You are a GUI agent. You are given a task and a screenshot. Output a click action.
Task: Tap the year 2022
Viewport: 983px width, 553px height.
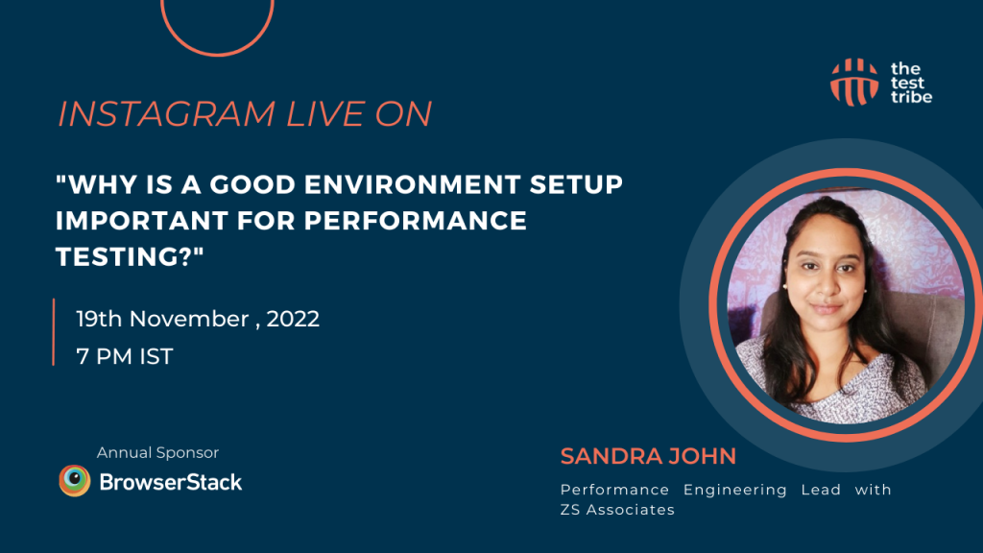(293, 319)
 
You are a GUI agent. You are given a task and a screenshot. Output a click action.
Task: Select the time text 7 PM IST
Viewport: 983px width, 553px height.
(125, 356)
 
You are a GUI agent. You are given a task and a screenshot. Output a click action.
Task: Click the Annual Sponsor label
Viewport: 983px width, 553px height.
(157, 452)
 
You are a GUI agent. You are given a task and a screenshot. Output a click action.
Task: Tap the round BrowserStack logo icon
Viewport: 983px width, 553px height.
(74, 480)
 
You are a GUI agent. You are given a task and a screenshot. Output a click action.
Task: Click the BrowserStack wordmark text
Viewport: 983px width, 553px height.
(171, 481)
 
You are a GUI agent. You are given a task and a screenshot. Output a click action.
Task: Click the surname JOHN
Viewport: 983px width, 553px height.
(704, 454)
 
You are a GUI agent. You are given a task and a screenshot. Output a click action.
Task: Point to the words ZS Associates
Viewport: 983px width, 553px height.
(617, 510)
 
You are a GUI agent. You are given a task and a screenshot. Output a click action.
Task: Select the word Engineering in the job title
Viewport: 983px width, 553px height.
(734, 490)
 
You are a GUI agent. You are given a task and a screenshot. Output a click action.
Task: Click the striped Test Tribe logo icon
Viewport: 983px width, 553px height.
(854, 81)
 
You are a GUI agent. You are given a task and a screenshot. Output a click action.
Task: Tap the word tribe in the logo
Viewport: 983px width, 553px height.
(912, 96)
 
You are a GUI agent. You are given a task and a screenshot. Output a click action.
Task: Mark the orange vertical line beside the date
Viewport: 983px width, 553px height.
(54, 332)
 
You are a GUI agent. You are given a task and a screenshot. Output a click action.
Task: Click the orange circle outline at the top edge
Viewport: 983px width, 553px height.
(217, 51)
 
